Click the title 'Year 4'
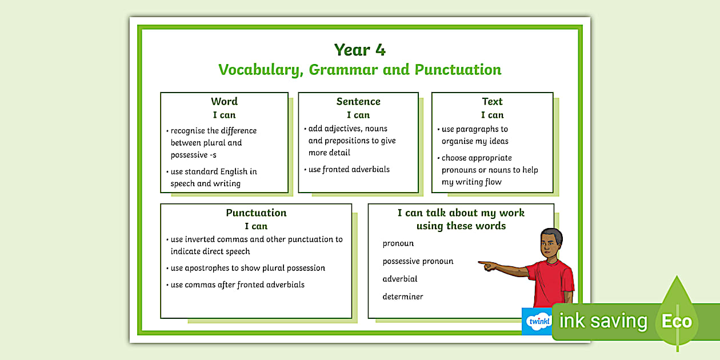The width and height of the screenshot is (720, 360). [360, 50]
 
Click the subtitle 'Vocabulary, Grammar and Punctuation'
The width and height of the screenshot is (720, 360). [360, 70]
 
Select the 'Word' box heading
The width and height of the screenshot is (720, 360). [224, 102]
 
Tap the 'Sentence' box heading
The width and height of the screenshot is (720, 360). [358, 102]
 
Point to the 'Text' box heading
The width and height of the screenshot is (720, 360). [492, 102]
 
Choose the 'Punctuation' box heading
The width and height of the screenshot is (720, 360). [256, 213]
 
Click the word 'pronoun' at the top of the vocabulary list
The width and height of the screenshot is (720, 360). [398, 243]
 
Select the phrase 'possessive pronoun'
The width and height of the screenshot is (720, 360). [418, 261]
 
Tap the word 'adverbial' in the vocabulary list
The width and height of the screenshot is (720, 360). [400, 279]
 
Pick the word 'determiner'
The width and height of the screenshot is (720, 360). [403, 297]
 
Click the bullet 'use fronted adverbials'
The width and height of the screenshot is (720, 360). [349, 169]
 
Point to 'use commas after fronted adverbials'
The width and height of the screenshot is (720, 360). [237, 285]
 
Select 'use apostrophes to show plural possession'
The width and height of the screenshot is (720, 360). [247, 268]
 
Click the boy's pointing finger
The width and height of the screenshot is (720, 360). [481, 263]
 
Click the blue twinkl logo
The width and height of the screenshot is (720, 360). [537, 321]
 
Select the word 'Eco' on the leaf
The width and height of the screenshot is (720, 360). [677, 321]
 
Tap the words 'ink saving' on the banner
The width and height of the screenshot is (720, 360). [603, 321]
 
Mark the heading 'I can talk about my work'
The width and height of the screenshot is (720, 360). [461, 213]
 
